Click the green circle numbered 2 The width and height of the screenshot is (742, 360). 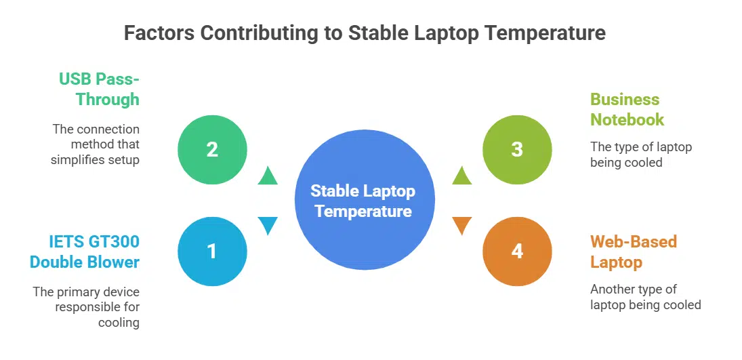(x=213, y=150)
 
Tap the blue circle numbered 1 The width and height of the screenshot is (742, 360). (x=213, y=251)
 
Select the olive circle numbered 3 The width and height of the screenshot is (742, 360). (x=517, y=150)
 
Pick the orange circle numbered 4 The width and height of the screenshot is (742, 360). (x=517, y=251)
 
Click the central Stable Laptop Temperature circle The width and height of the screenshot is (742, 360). (x=365, y=200)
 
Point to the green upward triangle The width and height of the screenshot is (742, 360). (x=268, y=176)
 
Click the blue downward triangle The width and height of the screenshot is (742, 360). (x=268, y=226)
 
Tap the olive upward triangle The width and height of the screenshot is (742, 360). (x=462, y=176)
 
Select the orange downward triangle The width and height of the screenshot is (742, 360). (x=462, y=226)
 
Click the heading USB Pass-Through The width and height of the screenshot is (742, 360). (x=100, y=89)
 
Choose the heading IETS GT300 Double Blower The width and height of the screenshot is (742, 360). (x=85, y=252)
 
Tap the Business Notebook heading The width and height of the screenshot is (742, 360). (x=627, y=109)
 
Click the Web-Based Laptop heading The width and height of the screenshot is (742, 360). (x=634, y=252)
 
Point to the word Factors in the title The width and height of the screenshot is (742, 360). (x=159, y=33)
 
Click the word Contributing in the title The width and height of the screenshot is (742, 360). (x=258, y=34)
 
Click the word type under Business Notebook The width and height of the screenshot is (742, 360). (x=627, y=148)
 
